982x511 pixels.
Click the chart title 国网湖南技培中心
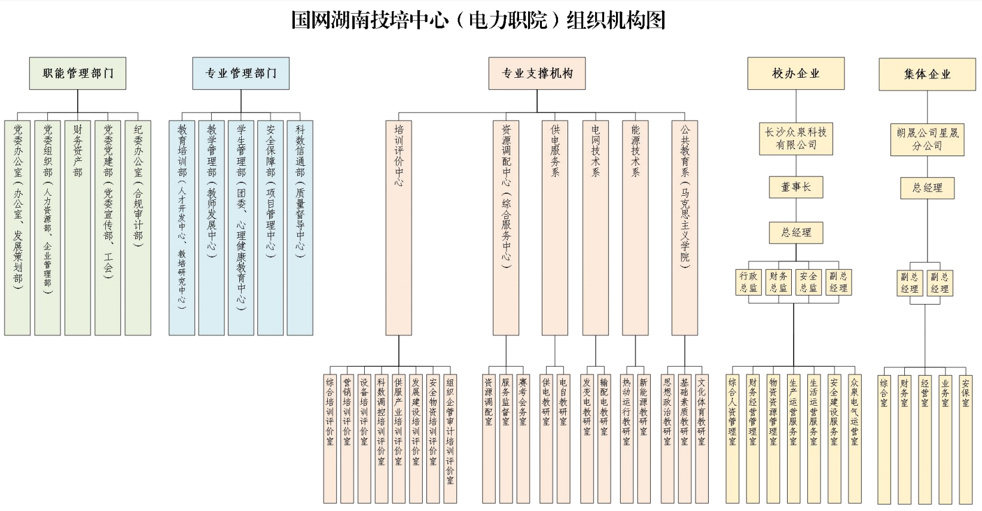pyautogui.click(x=478, y=20)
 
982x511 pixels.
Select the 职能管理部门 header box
pyautogui.click(x=78, y=74)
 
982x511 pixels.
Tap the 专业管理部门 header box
pyautogui.click(x=240, y=74)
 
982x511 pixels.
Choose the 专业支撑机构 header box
pyautogui.click(x=536, y=74)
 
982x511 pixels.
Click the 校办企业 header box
pyautogui.click(x=795, y=74)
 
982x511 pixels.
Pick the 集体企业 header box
pyautogui.click(x=926, y=74)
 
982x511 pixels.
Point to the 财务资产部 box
pyautogui.click(x=78, y=227)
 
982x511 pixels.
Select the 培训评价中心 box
pyautogui.click(x=399, y=227)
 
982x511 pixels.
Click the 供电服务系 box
pyautogui.click(x=554, y=227)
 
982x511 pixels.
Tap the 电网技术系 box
pyautogui.click(x=596, y=227)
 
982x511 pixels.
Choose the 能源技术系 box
pyautogui.click(x=635, y=227)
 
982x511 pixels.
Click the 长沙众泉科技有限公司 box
pyautogui.click(x=795, y=139)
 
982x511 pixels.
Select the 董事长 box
pyautogui.click(x=795, y=187)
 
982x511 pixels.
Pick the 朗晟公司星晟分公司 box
pyautogui.click(x=927, y=139)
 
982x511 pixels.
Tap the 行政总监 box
pyautogui.click(x=748, y=282)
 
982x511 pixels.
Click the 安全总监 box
pyautogui.click(x=808, y=282)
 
